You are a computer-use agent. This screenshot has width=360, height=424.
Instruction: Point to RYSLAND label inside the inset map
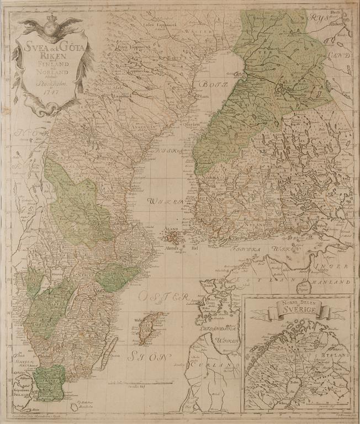click(x=324, y=358)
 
